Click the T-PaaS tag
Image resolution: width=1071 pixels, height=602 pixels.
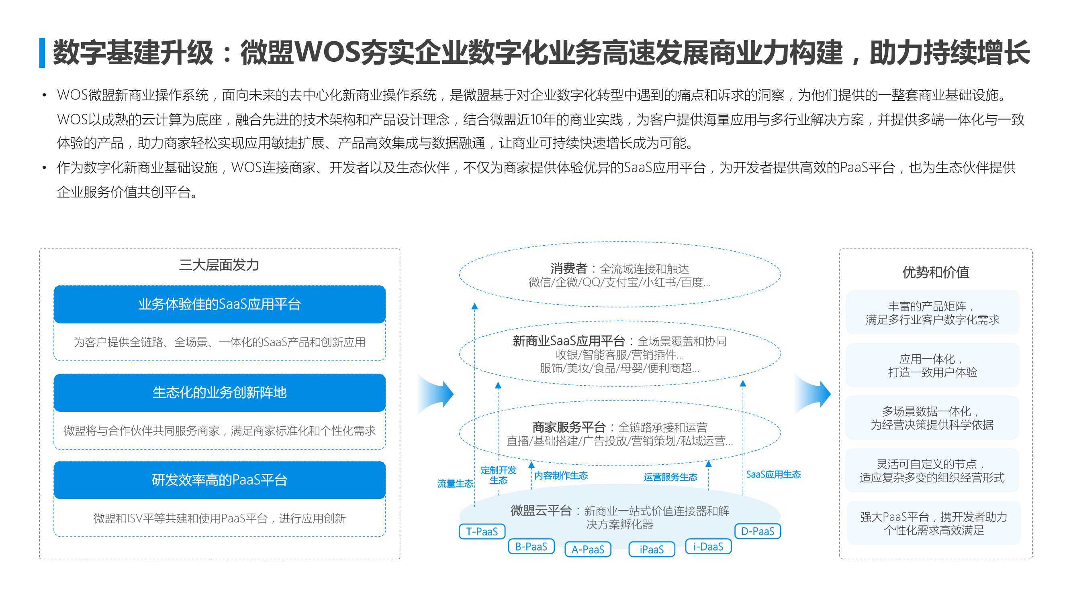pos(482,531)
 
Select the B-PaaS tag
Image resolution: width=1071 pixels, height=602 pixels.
pos(531,546)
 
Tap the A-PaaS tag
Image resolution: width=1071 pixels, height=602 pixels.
pos(587,549)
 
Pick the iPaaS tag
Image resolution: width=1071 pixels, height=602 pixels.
pos(652,549)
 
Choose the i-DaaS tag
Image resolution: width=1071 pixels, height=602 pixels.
pos(708,546)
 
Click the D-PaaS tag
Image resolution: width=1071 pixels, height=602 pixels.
pos(758,531)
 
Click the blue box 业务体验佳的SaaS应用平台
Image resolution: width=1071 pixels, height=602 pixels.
pos(219,304)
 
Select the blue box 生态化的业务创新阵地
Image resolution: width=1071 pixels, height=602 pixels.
pos(219,392)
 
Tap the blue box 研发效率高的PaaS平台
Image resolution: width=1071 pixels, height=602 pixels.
pos(219,480)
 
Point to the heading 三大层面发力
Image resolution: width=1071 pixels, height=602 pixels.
pos(219,264)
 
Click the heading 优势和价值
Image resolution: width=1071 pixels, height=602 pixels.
pos(936,272)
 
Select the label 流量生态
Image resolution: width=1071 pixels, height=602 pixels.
pos(455,483)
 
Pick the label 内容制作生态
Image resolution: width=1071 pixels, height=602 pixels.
pos(561,475)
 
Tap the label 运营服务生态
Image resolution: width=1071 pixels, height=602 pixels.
pos(670,477)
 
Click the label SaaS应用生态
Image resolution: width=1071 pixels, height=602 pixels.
pos(773,474)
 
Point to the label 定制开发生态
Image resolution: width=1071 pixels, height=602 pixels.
pos(498,475)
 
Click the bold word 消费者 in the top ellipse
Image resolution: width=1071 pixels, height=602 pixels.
pos(568,268)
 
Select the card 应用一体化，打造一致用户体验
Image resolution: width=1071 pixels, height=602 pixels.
pos(932,365)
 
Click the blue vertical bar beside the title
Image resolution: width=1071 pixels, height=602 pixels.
pos(42,53)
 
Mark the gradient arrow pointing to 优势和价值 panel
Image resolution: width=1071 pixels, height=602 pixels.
pos(813,393)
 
